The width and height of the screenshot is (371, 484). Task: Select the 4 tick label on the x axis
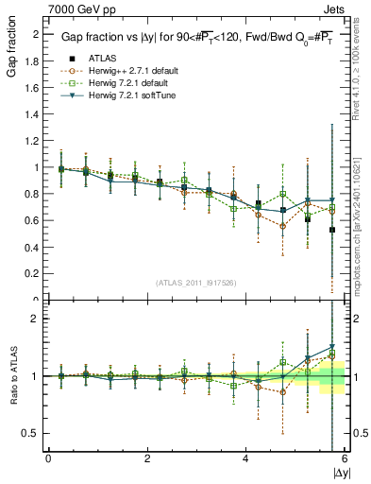click(x=245, y=458)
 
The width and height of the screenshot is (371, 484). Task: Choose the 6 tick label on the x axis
click(x=344, y=458)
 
